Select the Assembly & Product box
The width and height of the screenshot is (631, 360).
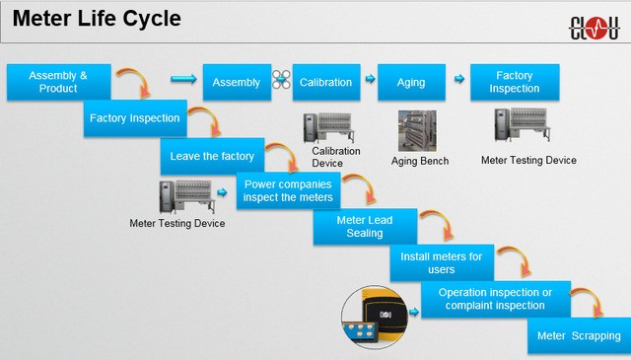57,82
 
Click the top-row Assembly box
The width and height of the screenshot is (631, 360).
237,82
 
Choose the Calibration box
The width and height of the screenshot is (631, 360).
324,82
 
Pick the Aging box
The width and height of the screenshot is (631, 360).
410,82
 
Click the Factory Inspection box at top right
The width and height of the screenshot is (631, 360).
514,82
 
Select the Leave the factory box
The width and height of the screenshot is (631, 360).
211,156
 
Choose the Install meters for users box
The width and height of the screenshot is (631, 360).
441,263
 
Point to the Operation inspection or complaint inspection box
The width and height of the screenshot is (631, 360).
502,299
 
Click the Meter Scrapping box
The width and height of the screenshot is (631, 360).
579,336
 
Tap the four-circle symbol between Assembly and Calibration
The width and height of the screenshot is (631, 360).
281,82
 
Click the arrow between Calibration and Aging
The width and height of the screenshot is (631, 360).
369,80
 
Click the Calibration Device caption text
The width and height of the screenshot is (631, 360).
336,157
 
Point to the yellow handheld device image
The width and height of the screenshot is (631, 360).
374,318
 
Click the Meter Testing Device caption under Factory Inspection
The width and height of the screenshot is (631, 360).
528,160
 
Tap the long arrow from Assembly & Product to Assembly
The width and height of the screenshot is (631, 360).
183,80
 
